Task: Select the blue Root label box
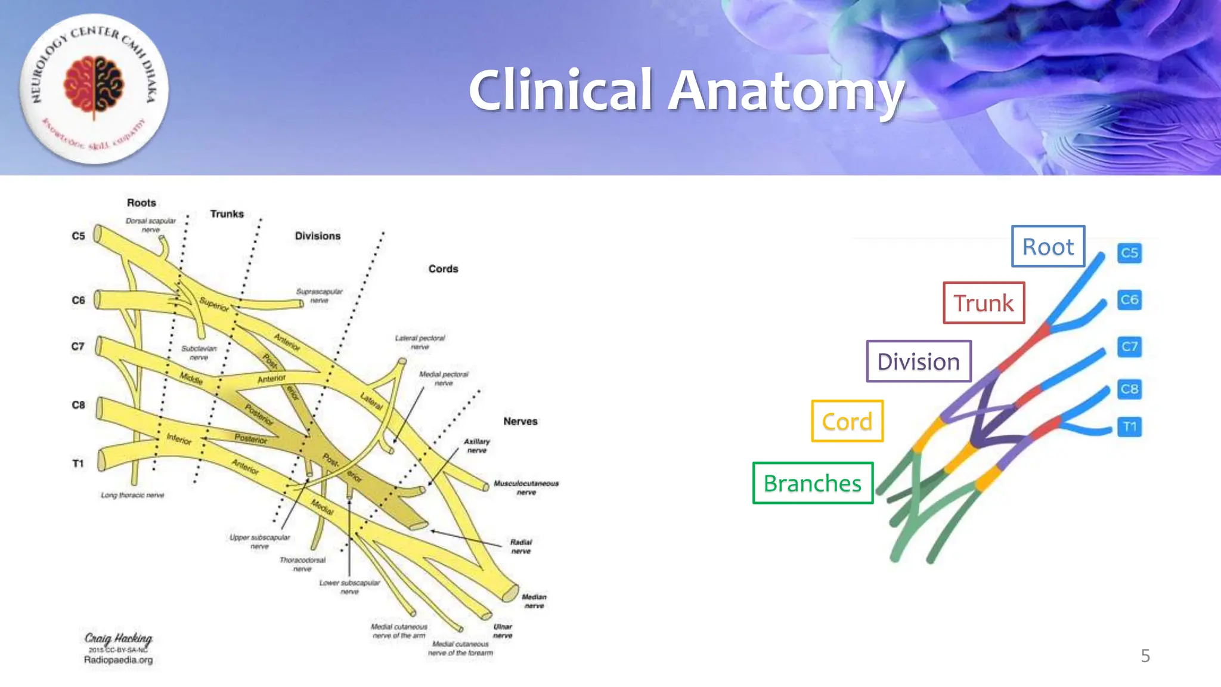tap(1048, 246)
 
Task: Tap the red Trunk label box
tap(983, 303)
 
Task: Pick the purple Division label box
tap(918, 361)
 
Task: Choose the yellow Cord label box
tap(847, 421)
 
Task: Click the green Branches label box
tap(812, 483)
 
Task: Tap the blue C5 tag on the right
tap(1129, 253)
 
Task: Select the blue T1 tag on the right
tap(1129, 427)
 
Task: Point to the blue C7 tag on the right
tap(1129, 346)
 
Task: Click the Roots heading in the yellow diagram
tap(141, 203)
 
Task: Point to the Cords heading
tap(443, 269)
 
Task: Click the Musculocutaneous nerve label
tap(526, 488)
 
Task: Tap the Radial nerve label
tap(520, 546)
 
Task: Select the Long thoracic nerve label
tap(132, 495)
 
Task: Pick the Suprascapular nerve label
tap(320, 296)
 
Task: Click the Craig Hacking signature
tap(118, 639)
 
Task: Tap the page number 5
tap(1145, 656)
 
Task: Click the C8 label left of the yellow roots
tap(78, 405)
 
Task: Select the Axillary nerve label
tap(477, 445)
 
